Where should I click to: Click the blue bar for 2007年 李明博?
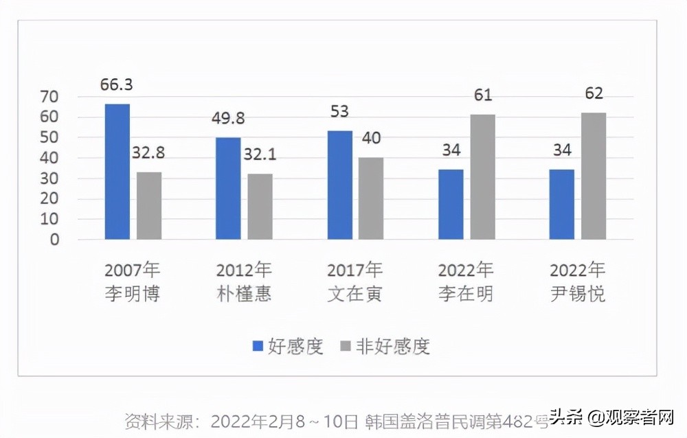pos(117,172)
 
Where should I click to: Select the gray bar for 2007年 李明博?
pos(149,206)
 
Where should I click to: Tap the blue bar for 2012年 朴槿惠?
pos(228,189)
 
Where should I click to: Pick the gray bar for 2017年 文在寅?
pos(371,198)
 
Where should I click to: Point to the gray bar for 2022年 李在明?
pos(482,177)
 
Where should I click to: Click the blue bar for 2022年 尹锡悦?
pos(561,205)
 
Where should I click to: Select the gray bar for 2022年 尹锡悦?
pos(594,176)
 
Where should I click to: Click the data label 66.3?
pos(117,86)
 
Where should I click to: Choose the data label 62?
pos(594,94)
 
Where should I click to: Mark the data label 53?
pos(339,112)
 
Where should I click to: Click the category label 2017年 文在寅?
pos(354,281)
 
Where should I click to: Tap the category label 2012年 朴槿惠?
pos(244,281)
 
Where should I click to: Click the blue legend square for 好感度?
pos(258,347)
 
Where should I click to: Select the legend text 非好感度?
pos(393,347)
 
